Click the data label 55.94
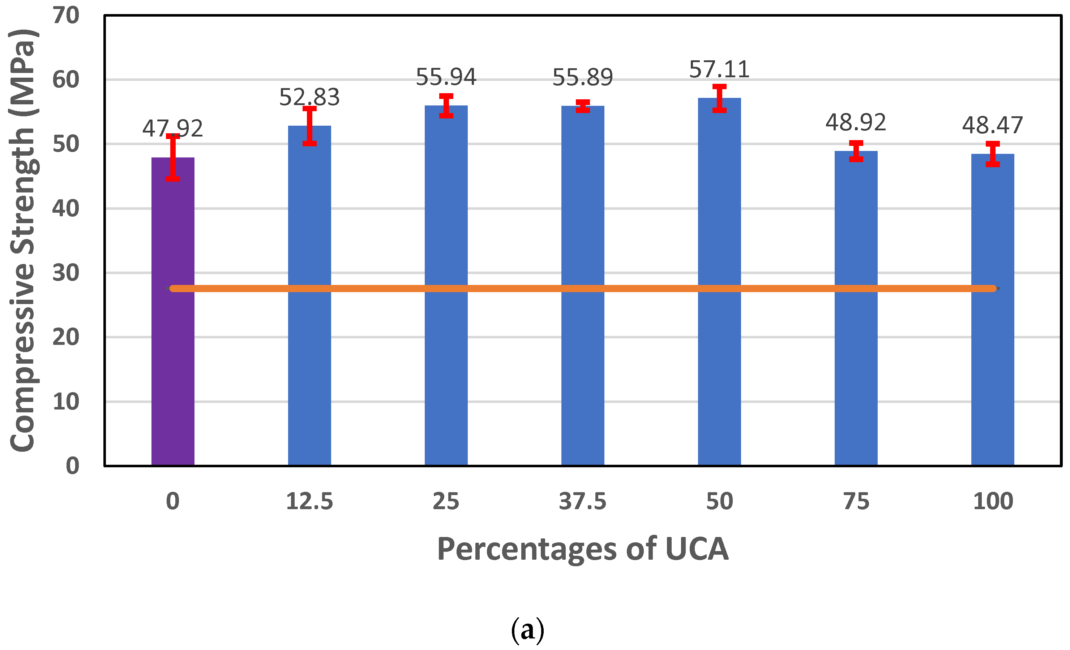point(446,77)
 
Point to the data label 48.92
point(856,122)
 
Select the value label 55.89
point(582,78)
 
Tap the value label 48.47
point(992,125)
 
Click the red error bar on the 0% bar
point(173,157)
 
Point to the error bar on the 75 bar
point(856,151)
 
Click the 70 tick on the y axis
point(66,16)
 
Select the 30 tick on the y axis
point(66,273)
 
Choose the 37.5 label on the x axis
point(582,502)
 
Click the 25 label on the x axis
point(446,502)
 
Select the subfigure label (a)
point(527,630)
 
